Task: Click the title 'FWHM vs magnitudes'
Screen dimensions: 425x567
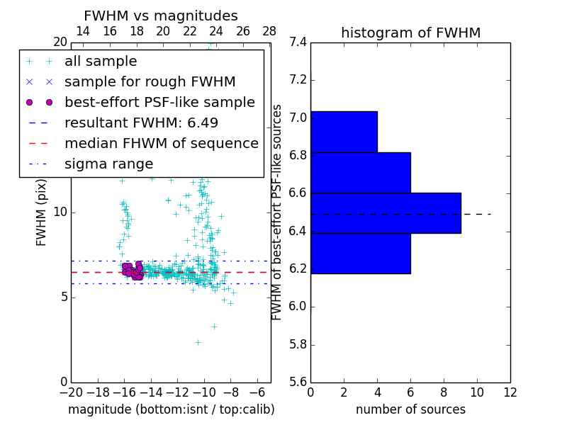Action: tap(161, 16)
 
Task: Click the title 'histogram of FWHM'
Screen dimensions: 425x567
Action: tap(410, 33)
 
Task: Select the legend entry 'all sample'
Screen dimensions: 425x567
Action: tap(101, 62)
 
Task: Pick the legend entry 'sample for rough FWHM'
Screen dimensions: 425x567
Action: tap(150, 82)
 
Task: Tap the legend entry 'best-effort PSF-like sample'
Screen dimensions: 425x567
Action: tap(159, 102)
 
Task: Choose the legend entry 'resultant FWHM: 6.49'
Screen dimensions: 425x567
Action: tap(141, 123)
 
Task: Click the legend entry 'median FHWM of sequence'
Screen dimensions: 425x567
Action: tap(161, 143)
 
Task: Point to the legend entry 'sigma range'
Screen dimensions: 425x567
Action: tap(108, 164)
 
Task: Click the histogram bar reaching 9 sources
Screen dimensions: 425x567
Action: tap(386, 212)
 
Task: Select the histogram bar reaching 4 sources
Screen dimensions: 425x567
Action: tap(344, 132)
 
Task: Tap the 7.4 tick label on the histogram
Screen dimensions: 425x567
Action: tap(298, 42)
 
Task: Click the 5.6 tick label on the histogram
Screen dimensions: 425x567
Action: tap(298, 382)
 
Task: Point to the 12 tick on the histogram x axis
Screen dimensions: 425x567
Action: tap(510, 392)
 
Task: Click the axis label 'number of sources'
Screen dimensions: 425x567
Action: tap(410, 409)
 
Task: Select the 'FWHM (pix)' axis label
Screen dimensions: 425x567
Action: tap(42, 212)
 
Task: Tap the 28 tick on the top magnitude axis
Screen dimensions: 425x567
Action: tap(269, 31)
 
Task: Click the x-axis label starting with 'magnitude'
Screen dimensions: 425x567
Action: tap(171, 409)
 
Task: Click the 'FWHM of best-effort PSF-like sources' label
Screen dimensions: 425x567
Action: tap(278, 212)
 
